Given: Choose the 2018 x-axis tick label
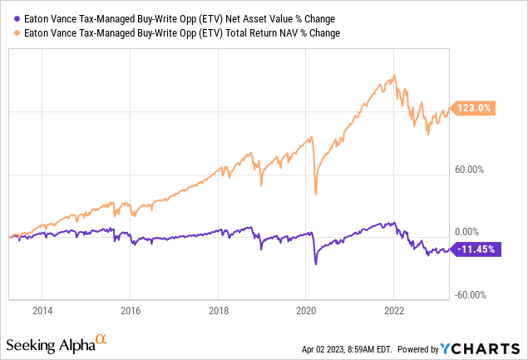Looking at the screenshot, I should [218, 311].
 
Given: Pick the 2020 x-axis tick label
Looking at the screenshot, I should [306, 311].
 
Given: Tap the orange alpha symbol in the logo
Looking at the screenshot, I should [101, 339].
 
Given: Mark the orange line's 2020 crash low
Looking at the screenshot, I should [316, 195].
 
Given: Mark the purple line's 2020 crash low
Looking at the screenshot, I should [316, 264].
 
